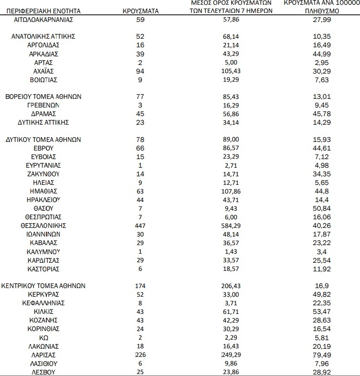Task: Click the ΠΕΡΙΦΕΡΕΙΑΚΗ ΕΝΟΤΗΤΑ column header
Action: pos(47,10)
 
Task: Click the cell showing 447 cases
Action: pos(140,225)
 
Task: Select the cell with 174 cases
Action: pos(140,286)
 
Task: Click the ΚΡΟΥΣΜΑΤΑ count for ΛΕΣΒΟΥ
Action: pos(140,372)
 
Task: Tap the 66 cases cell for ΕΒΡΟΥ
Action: pos(140,148)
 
